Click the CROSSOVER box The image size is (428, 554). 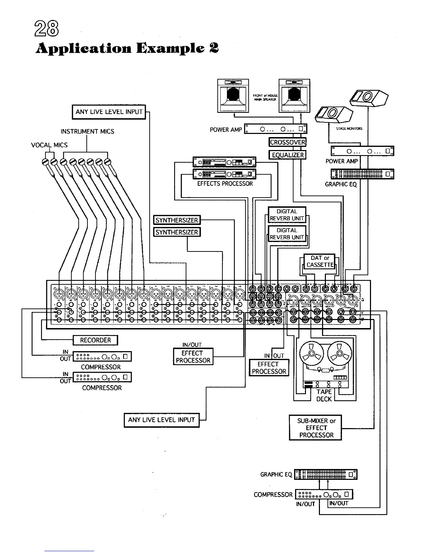click(x=287, y=142)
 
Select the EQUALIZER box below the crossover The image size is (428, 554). click(x=287, y=155)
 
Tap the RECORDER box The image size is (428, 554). click(x=95, y=340)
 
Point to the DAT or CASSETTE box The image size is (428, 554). click(x=319, y=261)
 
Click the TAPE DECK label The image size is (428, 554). click(x=324, y=395)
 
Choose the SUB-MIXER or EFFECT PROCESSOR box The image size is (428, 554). click(x=315, y=428)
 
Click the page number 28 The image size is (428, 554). click(x=47, y=28)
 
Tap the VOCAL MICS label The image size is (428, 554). click(x=49, y=145)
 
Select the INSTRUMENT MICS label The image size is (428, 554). click(x=87, y=132)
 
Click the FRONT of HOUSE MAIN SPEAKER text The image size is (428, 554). click(x=265, y=97)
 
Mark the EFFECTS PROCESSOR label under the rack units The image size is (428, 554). click(x=225, y=184)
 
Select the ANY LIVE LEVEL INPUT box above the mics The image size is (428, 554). click(x=109, y=112)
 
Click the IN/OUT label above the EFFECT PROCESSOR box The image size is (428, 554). click(x=192, y=345)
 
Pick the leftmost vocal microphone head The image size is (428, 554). click(x=45, y=162)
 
